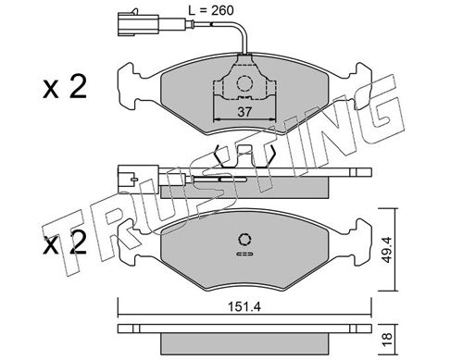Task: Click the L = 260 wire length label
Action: point(211,11)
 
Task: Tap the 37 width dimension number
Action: point(244,112)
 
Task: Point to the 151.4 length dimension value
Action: point(244,307)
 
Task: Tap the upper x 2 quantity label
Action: point(65,87)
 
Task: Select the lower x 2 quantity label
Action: point(65,242)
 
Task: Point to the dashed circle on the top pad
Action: point(244,83)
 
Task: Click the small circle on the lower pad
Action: point(244,240)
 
